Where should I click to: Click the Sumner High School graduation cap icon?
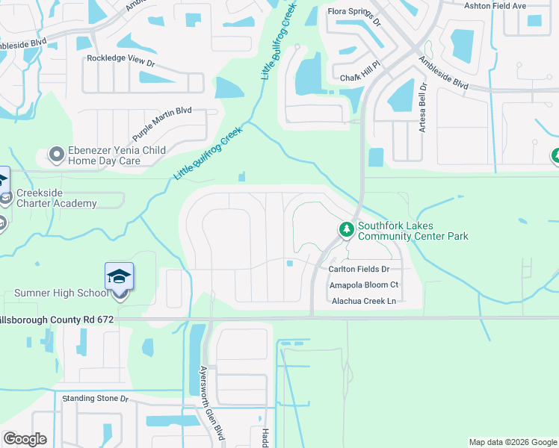pos(120,276)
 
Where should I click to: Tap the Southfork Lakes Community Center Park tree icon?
pos(346,228)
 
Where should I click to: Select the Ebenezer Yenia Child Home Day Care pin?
pos(56,155)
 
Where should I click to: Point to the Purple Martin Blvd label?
pos(162,124)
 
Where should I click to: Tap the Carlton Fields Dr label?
pos(359,269)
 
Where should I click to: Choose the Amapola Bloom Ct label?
pos(364,285)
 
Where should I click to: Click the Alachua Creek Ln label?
pos(362,301)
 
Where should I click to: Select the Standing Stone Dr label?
pos(96,399)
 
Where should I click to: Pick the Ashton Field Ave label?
pos(516,6)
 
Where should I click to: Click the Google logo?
pos(25,439)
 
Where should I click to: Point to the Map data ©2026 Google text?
pos(512,442)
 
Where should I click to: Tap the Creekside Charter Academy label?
pos(57,198)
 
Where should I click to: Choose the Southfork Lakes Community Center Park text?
pos(413,231)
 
